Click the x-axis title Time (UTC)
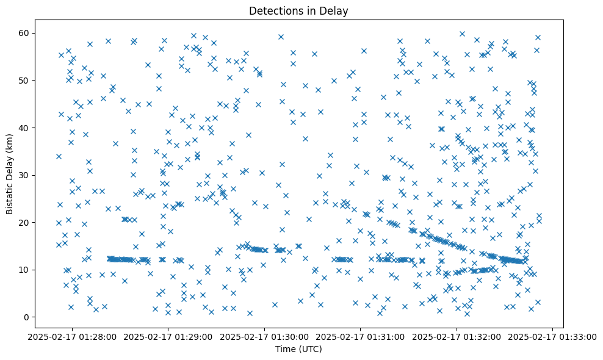pyautogui.click(x=298, y=350)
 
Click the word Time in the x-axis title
pyautogui.click(x=284, y=350)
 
